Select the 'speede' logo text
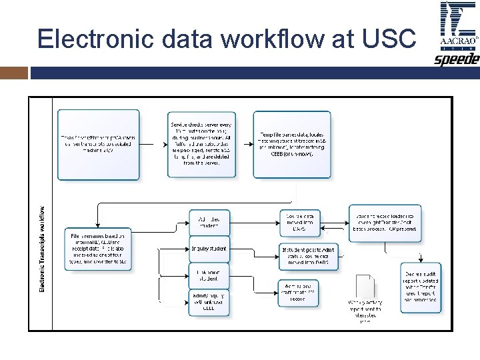457,59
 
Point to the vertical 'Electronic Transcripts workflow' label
43,248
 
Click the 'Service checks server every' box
201,144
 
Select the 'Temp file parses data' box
291,144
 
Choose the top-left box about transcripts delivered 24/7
99,144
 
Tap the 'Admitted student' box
209,222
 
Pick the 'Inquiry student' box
209,249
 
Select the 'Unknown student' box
209,275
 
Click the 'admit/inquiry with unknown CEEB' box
209,302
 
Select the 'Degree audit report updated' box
421,288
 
